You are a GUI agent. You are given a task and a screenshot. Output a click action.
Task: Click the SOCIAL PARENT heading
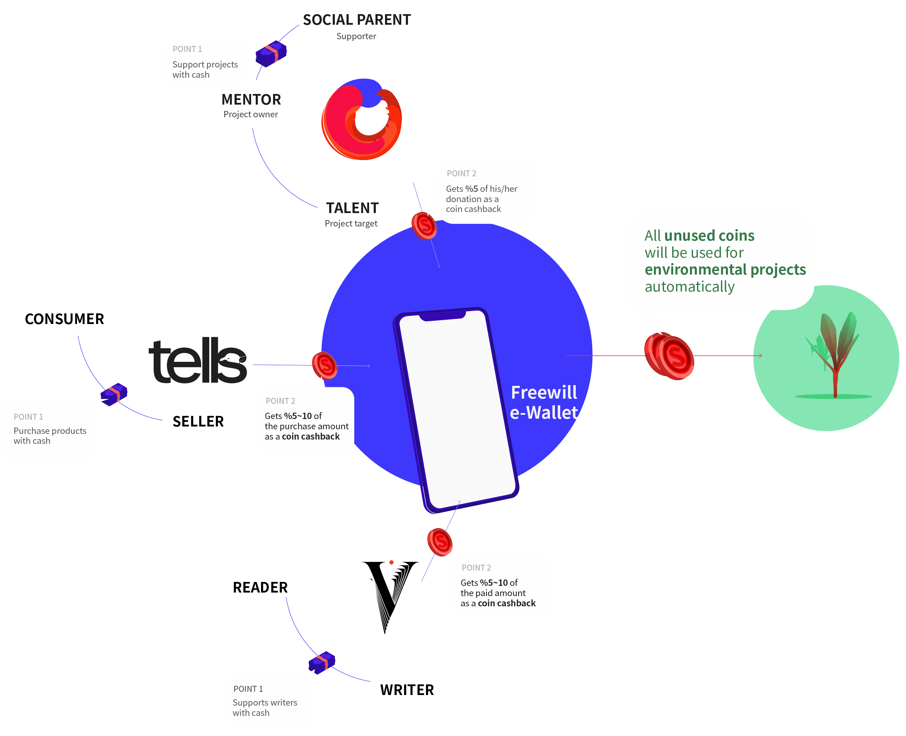point(357,20)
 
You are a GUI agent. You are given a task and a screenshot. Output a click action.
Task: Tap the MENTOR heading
point(251,100)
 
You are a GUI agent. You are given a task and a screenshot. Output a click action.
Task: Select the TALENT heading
point(352,208)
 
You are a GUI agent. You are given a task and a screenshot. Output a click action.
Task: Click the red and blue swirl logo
point(361,119)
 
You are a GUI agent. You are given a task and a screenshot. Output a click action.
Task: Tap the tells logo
point(197,361)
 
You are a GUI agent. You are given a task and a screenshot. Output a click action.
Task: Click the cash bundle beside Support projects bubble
point(271,53)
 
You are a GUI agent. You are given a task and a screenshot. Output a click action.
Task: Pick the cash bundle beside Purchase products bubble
point(114,394)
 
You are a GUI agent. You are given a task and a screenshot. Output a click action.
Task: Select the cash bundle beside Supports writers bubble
point(322,662)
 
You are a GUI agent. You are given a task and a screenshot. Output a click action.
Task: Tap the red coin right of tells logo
point(325,365)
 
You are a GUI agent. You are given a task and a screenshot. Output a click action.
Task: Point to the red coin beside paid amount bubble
point(440,542)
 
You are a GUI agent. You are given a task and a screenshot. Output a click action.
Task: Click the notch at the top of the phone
point(443,316)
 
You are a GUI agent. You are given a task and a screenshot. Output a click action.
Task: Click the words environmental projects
point(725,270)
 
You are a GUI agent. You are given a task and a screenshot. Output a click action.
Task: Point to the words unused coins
point(709,236)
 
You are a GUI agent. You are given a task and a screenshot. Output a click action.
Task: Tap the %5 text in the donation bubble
point(472,189)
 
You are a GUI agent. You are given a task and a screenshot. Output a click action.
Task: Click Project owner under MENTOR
point(251,114)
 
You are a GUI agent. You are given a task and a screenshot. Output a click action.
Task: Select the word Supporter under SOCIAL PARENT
point(356,36)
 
